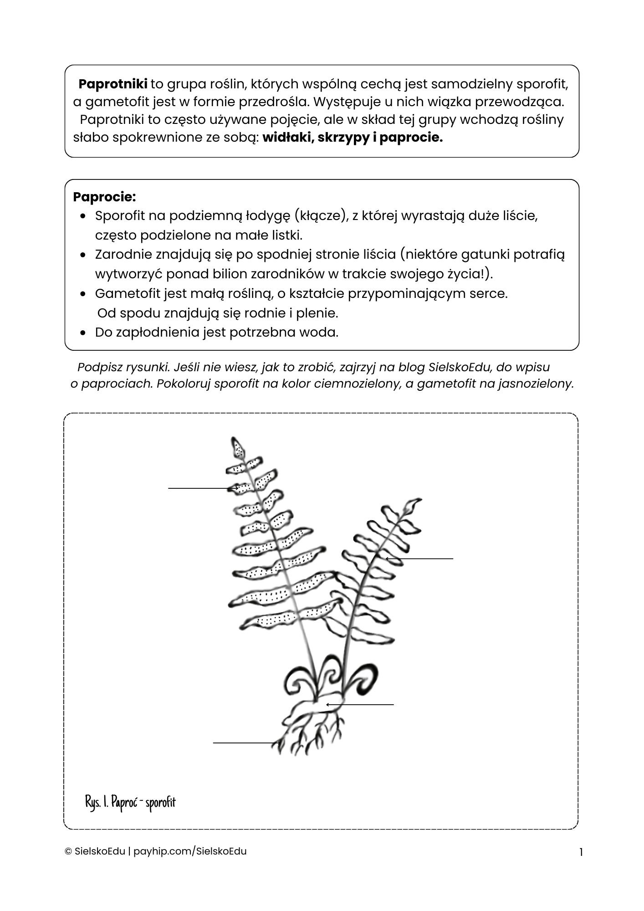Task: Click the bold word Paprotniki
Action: (x=113, y=84)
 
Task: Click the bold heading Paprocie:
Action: (x=104, y=197)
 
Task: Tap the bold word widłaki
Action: (x=287, y=138)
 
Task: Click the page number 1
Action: (x=581, y=852)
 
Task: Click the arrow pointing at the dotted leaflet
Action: (x=203, y=488)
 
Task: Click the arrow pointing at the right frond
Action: (x=419, y=558)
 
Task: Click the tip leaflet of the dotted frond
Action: (x=238, y=448)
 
